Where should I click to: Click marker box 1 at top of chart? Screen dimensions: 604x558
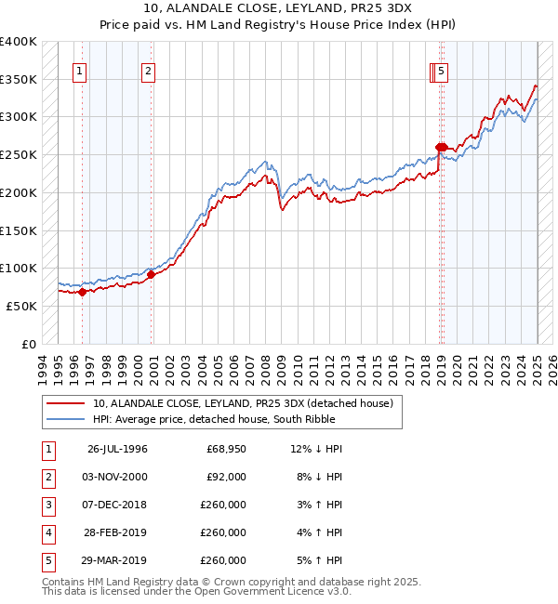point(80,71)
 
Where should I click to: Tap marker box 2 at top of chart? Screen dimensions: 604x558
point(149,71)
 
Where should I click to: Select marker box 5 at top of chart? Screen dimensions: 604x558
point(441,71)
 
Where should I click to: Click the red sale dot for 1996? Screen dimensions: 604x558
point(82,292)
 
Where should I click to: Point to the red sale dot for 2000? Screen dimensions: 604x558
point(151,274)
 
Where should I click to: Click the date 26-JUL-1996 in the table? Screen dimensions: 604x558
point(117,449)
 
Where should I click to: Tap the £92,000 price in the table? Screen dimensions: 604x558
point(226,477)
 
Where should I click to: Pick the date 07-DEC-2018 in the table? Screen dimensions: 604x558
point(117,505)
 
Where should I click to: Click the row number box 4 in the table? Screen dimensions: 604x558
point(46,532)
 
